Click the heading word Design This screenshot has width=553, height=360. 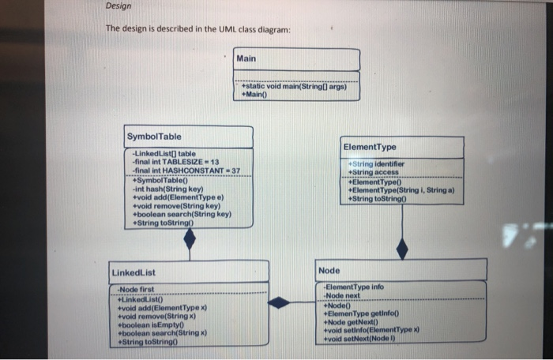pos(118,7)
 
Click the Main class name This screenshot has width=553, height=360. pos(246,59)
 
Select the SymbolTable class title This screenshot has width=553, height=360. pos(154,137)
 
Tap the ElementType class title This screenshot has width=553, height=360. pos(371,147)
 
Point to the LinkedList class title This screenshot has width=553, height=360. pos(134,272)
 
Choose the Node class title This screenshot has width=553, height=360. pos(329,271)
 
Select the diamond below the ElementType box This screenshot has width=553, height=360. pos(402,249)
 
